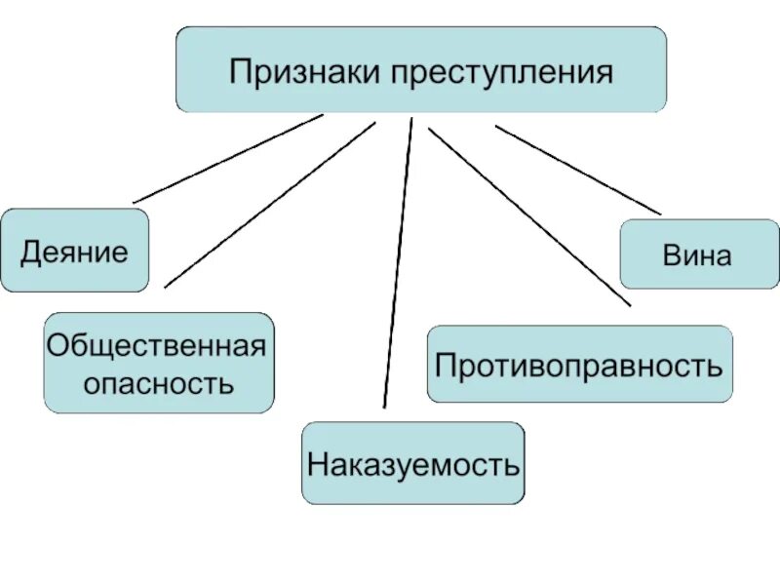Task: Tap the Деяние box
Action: pyautogui.click(x=74, y=251)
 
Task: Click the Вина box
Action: pyautogui.click(x=699, y=254)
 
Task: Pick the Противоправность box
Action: pyautogui.click(x=579, y=365)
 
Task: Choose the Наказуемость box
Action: pyautogui.click(x=412, y=463)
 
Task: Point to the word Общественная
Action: pyautogui.click(x=158, y=346)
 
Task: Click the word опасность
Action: pyautogui.click(x=158, y=382)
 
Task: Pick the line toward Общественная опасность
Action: pyautogui.click(x=269, y=205)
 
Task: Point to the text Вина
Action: pyautogui.click(x=697, y=256)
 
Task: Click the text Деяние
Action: pyautogui.click(x=74, y=253)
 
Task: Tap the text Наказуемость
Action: pyautogui.click(x=412, y=464)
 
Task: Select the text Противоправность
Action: pyautogui.click(x=579, y=366)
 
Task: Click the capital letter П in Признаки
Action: pyautogui.click(x=239, y=72)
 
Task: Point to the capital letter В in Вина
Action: pyautogui.click(x=671, y=256)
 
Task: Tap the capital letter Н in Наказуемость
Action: pyautogui.click(x=317, y=464)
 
